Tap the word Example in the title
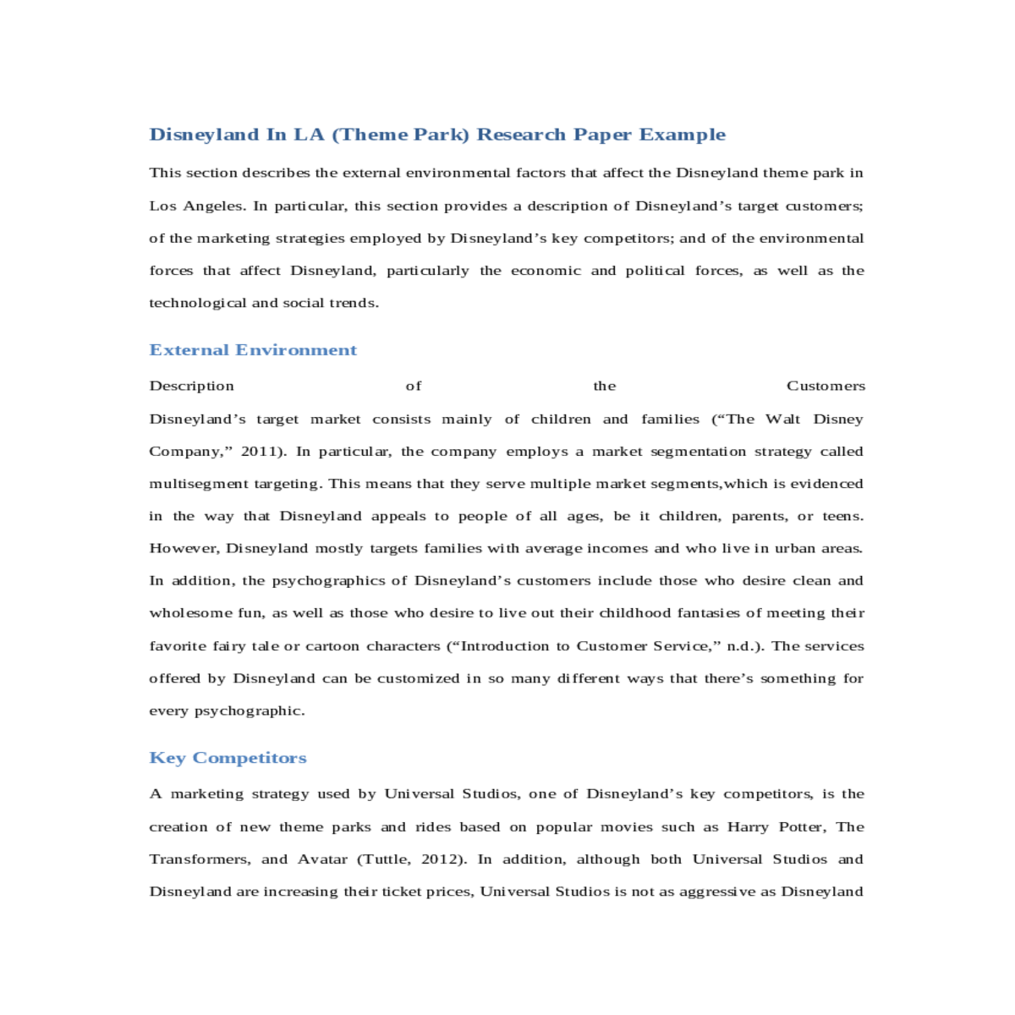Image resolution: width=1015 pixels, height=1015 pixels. (x=683, y=134)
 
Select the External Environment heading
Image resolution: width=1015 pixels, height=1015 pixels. (x=253, y=350)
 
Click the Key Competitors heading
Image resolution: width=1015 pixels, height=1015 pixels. (x=228, y=758)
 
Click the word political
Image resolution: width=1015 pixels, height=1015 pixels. (x=655, y=271)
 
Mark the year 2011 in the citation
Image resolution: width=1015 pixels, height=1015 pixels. (x=260, y=452)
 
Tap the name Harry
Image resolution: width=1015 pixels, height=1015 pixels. (x=748, y=827)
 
